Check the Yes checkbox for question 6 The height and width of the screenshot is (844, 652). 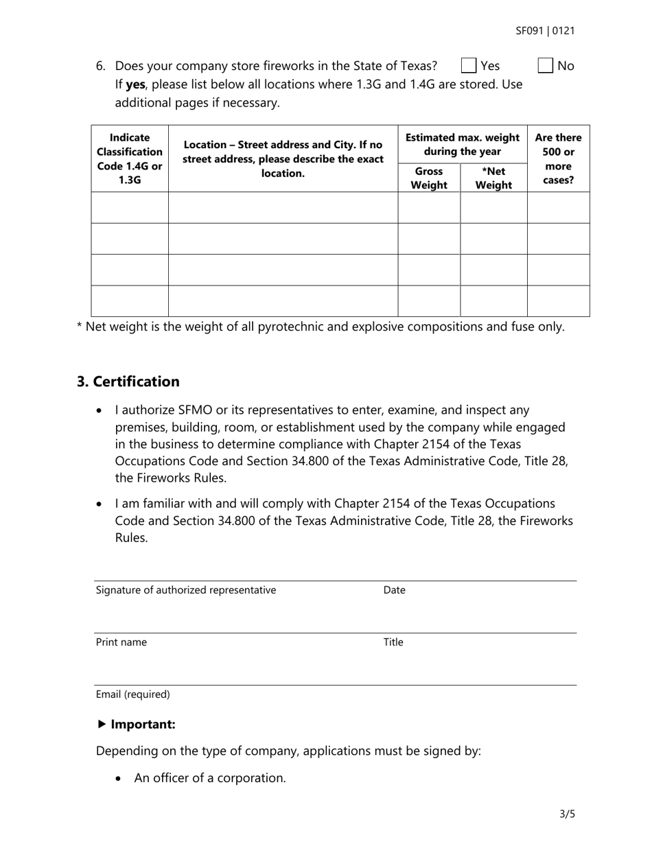469,66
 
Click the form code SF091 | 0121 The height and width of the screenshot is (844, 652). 545,31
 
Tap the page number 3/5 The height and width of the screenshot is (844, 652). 567,814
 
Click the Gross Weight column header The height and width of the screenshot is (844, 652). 429,178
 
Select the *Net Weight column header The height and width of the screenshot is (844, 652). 493,178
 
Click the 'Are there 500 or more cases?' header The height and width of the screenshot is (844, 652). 558,159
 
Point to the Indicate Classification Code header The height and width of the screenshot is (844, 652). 130,159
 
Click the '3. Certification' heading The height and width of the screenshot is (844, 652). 128,382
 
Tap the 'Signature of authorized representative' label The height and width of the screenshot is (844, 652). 186,590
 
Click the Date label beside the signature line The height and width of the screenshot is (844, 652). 394,590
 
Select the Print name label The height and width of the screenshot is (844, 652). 121,642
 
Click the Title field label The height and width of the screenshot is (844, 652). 393,642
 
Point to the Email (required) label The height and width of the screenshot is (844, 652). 133,694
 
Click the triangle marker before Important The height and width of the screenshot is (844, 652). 102,724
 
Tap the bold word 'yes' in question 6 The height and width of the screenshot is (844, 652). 135,84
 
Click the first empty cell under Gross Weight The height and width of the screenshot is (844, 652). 429,207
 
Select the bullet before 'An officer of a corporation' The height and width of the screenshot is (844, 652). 121,779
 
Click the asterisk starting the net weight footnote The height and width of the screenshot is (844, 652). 79,325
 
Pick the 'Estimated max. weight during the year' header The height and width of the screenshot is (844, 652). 462,144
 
